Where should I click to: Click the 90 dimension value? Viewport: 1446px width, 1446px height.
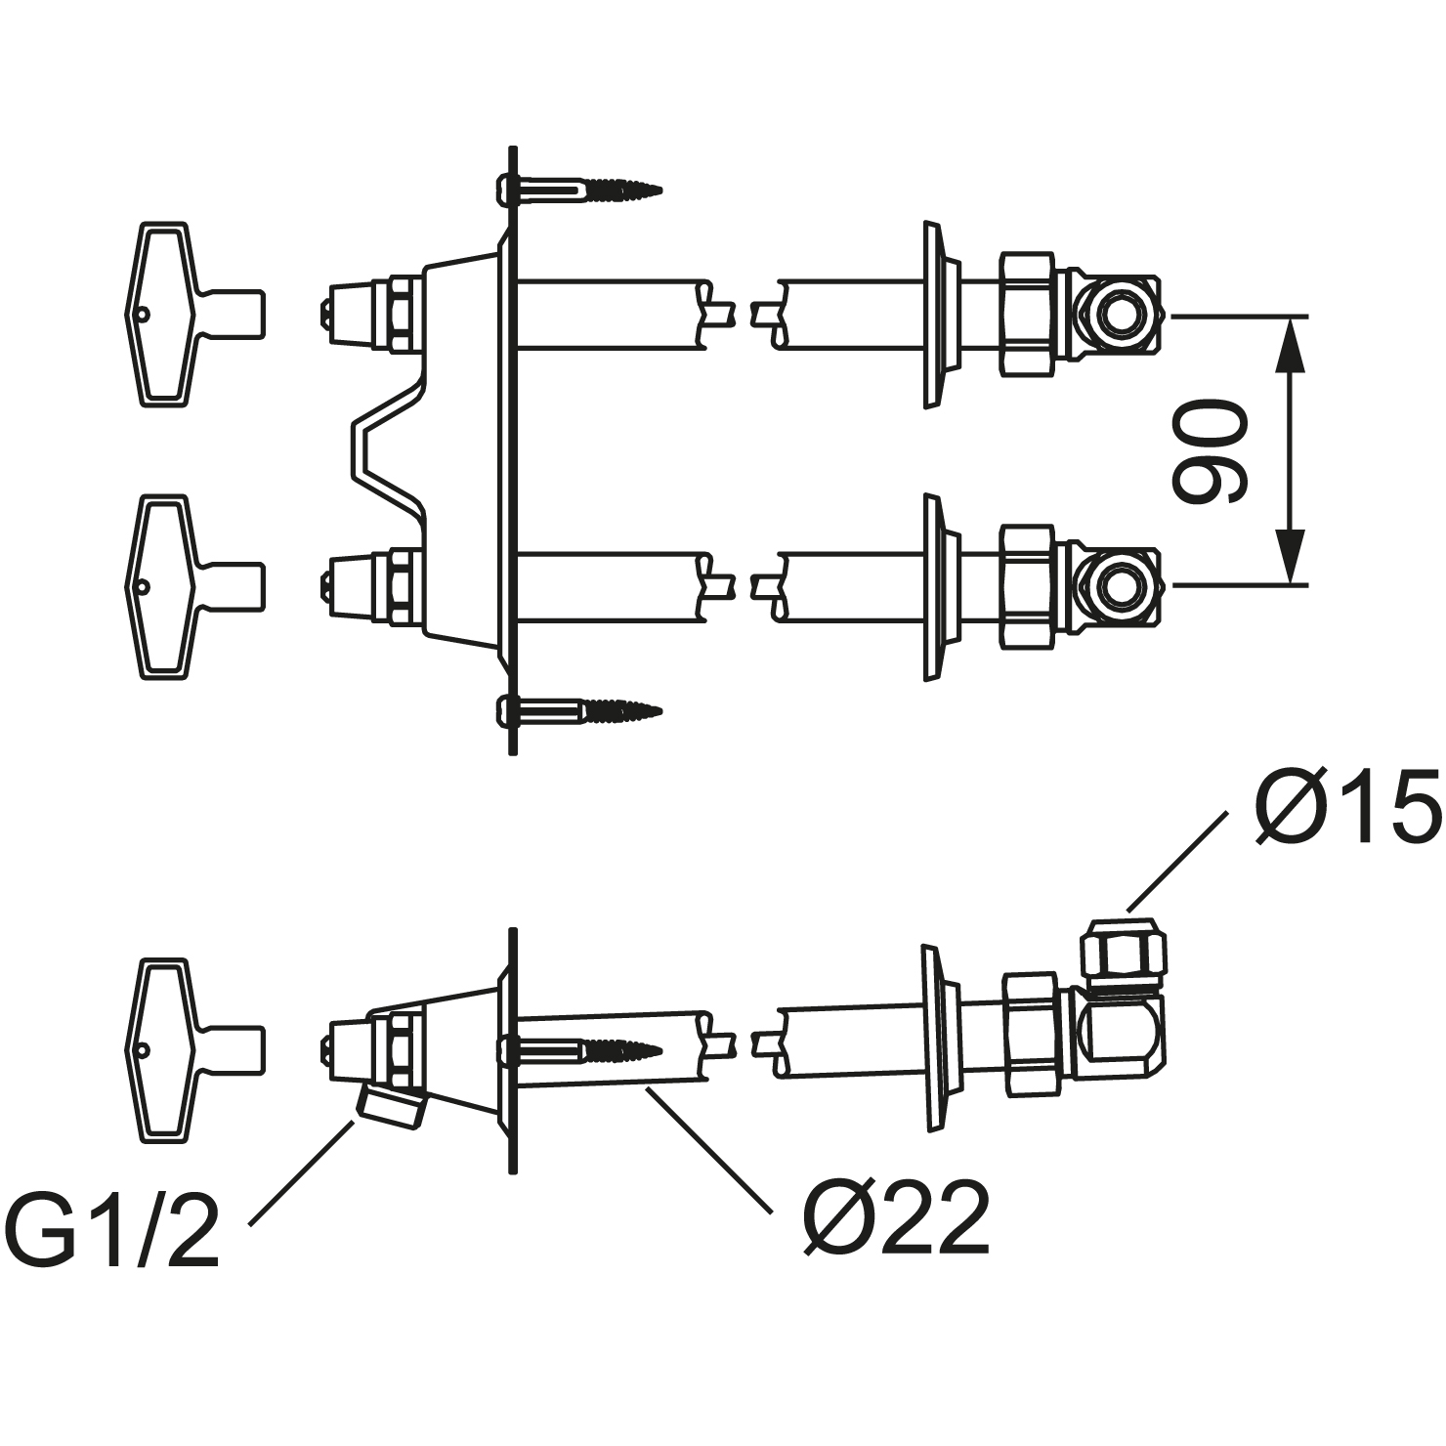point(1210,450)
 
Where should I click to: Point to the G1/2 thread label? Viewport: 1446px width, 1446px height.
point(112,1227)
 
